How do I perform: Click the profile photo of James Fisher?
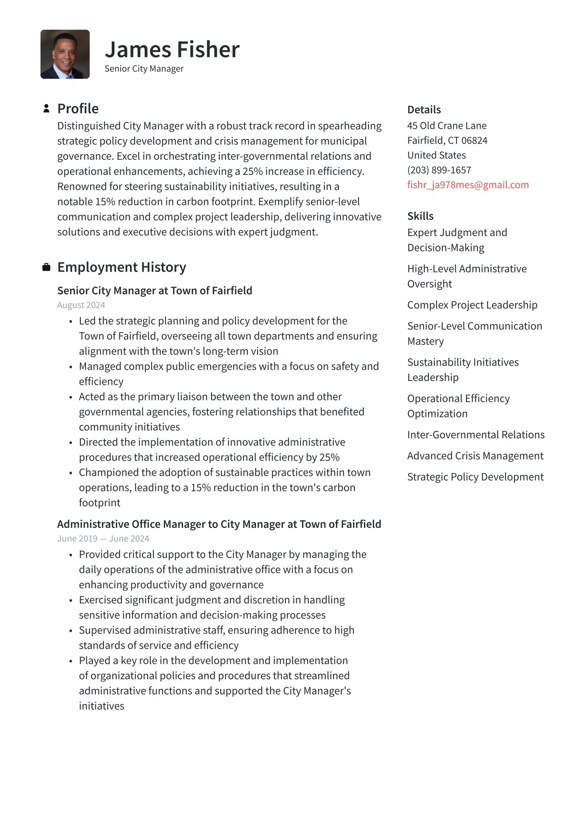(x=65, y=54)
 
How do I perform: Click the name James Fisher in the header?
(x=172, y=50)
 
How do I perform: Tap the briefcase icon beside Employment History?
(x=46, y=267)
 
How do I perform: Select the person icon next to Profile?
(x=46, y=108)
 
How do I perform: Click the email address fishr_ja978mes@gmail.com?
(x=468, y=185)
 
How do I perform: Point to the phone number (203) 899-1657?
(x=439, y=170)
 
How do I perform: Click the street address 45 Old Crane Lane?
(x=446, y=126)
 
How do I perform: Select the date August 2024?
(x=81, y=305)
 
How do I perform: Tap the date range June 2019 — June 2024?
(x=103, y=539)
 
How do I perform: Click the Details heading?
(x=424, y=110)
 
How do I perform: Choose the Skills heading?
(x=420, y=216)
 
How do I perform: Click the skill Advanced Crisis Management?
(x=475, y=456)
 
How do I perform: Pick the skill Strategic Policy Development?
(x=475, y=477)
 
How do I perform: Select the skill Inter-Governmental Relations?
(x=476, y=435)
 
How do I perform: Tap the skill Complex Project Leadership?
(x=472, y=305)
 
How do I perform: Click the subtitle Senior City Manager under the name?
(x=144, y=68)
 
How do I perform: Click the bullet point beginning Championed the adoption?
(x=224, y=472)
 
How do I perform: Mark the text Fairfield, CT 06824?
(x=447, y=140)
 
